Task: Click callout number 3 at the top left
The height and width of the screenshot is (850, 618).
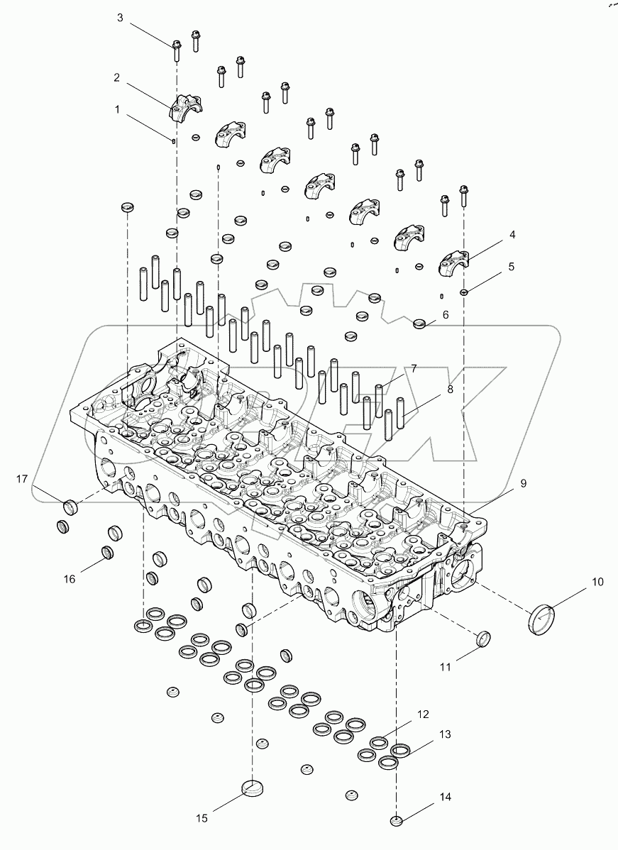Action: [120, 17]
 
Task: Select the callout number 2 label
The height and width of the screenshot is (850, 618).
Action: [116, 77]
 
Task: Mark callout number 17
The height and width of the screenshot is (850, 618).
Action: [22, 480]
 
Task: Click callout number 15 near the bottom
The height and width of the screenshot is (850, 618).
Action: [202, 819]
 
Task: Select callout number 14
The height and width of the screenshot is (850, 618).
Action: [445, 797]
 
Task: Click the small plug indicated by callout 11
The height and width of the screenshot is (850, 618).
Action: [482, 638]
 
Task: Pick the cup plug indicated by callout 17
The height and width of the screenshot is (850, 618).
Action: [70, 507]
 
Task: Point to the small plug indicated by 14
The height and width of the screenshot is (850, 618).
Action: [397, 821]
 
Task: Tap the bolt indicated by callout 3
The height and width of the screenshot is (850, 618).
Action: [175, 48]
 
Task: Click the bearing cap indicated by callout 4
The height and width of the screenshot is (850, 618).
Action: [457, 264]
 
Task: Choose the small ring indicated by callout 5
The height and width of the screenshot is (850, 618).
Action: [463, 292]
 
